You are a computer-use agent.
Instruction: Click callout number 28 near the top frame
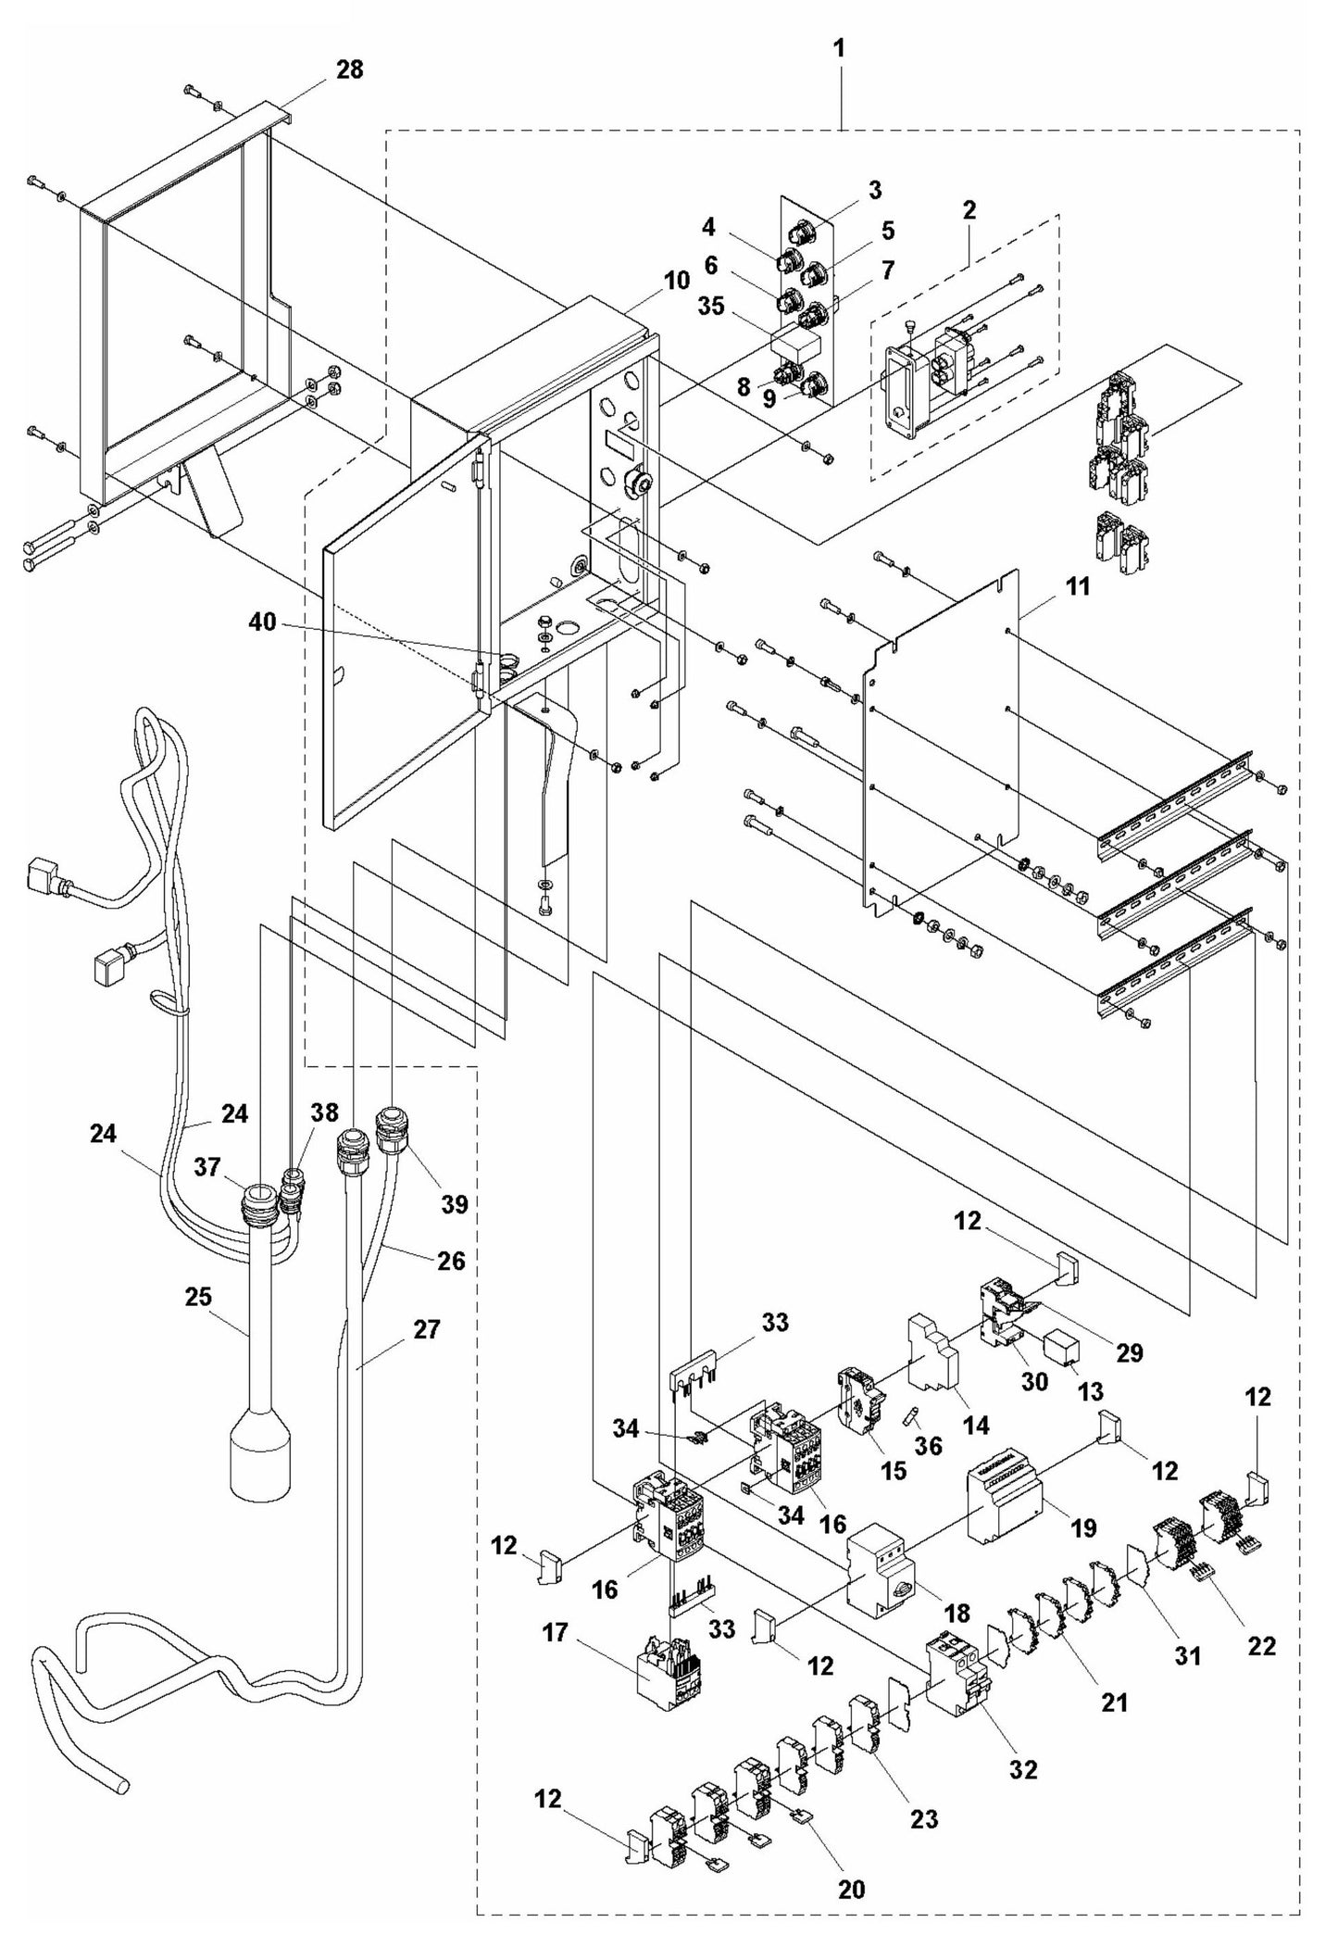(x=349, y=69)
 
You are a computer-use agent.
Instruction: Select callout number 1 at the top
(x=839, y=49)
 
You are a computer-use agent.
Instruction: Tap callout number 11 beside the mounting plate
(x=1052, y=587)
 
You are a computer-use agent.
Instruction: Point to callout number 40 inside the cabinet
(x=262, y=622)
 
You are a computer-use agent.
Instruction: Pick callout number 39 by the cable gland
(x=455, y=1203)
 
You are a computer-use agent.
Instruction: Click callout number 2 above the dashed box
(x=969, y=209)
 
